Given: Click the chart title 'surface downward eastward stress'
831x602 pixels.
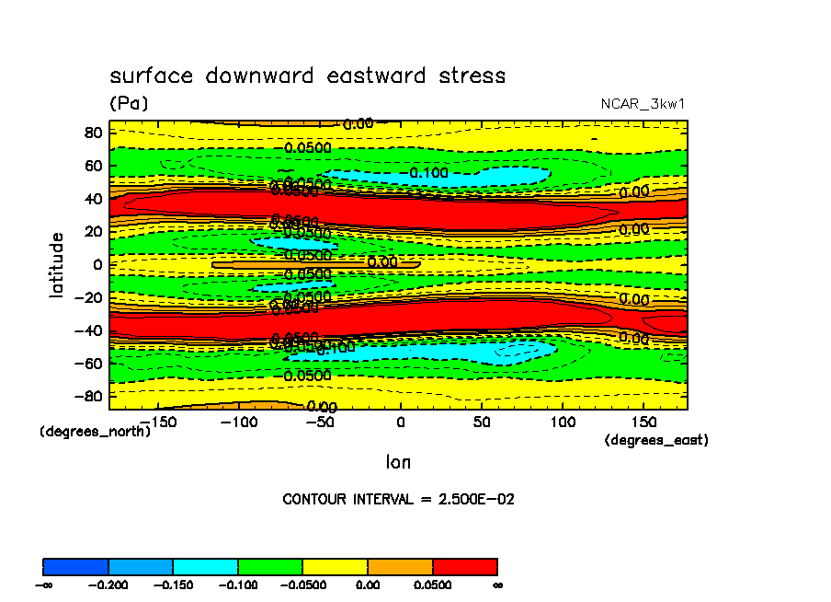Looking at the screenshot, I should (x=307, y=75).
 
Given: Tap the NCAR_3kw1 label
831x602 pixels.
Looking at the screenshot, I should (x=643, y=104).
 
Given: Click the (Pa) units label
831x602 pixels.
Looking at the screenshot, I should (x=129, y=104).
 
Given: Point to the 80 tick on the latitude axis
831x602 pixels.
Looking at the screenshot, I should (x=91, y=132).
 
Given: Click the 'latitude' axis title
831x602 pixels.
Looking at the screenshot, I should (x=58, y=264).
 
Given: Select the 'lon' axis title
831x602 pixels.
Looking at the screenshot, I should (x=398, y=462).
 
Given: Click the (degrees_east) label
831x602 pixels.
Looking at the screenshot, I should (x=656, y=441).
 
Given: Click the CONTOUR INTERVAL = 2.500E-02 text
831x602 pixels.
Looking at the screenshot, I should (x=398, y=499).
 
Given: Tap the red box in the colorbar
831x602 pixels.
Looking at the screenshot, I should (x=464, y=566).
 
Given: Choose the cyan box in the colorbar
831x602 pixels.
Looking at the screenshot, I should (x=205, y=566).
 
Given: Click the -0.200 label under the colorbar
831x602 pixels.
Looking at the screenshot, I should (x=108, y=584).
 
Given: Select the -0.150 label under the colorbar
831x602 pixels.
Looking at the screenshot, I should (x=173, y=584).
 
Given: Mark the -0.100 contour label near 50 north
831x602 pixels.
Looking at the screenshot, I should (x=428, y=172).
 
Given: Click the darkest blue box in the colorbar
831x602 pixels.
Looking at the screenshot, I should (x=75, y=566).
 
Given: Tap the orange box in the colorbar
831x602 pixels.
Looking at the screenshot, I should (x=400, y=566).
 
